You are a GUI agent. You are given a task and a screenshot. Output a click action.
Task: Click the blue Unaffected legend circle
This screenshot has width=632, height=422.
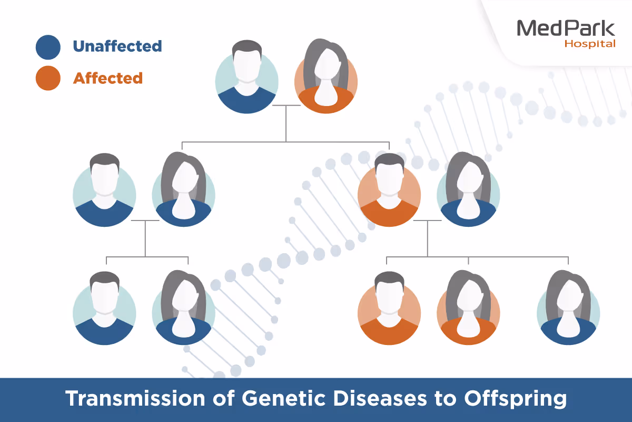[48, 46]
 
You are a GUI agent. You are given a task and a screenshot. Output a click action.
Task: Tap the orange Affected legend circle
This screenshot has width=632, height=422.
[48, 78]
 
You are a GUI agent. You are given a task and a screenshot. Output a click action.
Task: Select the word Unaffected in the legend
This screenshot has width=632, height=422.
[117, 46]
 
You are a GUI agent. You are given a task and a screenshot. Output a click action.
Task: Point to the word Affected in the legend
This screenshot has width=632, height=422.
[107, 78]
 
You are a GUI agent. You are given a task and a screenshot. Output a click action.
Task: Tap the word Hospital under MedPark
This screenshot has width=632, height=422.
[589, 44]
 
